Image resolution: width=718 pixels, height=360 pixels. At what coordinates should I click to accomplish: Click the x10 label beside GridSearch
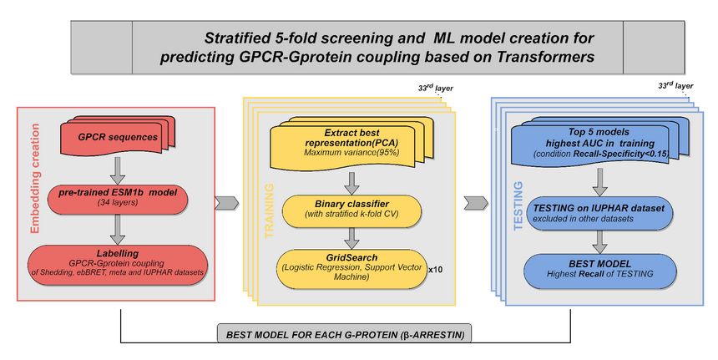coord(435,271)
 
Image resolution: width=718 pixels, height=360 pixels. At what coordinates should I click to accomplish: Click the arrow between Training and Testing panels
coord(476,202)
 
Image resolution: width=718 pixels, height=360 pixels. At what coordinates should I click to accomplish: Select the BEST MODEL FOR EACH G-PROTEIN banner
coord(345,334)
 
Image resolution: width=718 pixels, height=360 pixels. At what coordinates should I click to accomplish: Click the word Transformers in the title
coord(543,58)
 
